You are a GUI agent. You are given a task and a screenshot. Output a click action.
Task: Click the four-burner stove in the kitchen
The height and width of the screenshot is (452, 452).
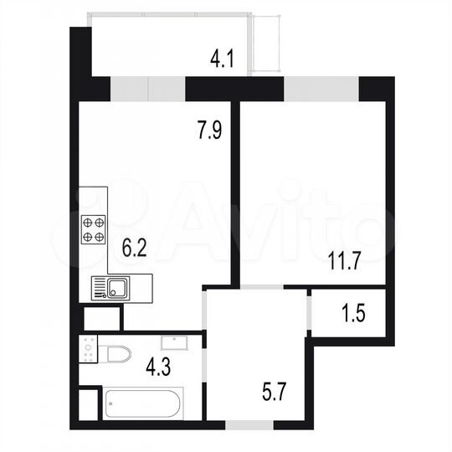click(x=94, y=229)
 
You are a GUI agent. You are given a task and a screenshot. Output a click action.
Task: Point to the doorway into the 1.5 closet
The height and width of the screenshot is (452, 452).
click(x=308, y=313)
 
